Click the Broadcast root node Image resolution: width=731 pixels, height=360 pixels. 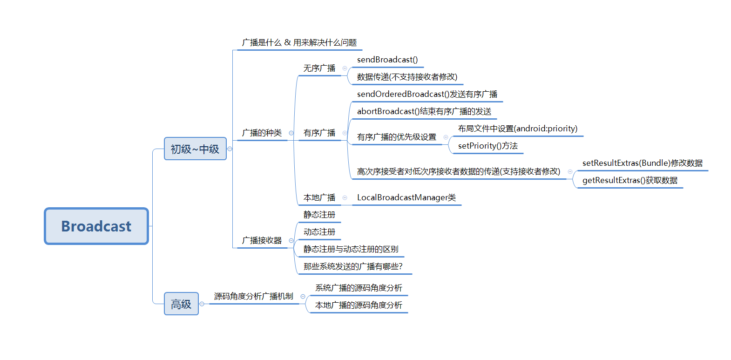coord(96,226)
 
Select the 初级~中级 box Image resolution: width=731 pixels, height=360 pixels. coord(195,149)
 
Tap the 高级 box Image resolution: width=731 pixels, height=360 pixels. coord(181,304)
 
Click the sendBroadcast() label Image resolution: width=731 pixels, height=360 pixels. coord(387,60)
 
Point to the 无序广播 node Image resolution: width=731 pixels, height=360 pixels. coord(319,68)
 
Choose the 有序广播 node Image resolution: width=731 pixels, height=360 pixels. coord(319,133)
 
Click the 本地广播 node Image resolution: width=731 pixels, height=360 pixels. coord(319,197)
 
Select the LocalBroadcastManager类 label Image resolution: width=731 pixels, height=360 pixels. coord(406,197)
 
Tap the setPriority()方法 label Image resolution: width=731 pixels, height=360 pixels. coord(487,146)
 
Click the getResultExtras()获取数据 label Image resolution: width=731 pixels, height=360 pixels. coord(630,180)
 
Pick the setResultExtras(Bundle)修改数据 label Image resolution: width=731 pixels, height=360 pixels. coord(642,163)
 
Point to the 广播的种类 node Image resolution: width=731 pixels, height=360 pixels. coord(261,133)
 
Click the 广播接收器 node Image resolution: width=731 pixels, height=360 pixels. coord(261,241)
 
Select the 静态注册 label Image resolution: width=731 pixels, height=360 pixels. coord(319,214)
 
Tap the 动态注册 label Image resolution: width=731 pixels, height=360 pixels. coord(319,232)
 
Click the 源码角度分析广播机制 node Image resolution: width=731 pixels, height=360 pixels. coord(254,296)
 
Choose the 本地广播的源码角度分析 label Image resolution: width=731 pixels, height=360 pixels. coord(359,305)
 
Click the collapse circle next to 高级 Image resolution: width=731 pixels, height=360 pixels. coord(202,304)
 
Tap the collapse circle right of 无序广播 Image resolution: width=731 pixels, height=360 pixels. coord(345,68)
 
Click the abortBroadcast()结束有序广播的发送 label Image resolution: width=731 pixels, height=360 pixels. coord(424,111)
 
